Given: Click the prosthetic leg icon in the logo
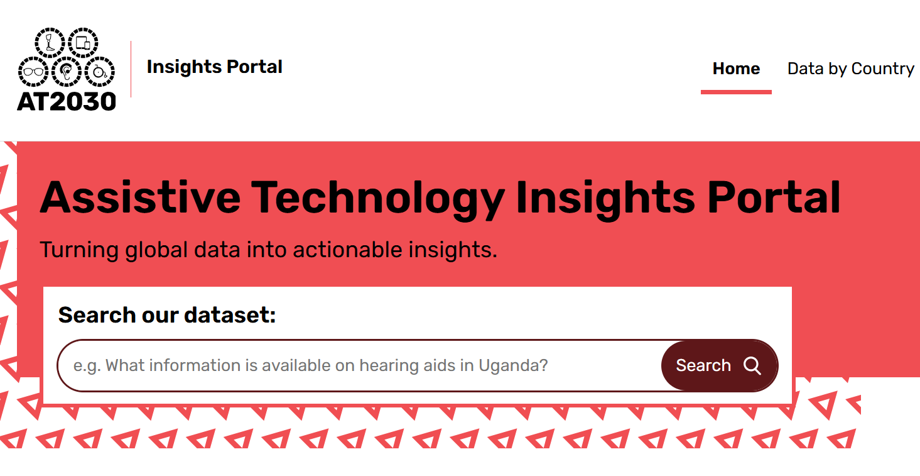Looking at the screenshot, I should coord(50,43).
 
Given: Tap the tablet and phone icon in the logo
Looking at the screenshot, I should coord(82,43).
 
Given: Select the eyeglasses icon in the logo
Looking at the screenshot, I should coord(33,72).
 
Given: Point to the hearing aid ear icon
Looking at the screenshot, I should coord(66,72).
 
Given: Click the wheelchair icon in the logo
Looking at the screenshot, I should coord(99,72).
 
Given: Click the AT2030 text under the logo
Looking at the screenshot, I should coord(67,101).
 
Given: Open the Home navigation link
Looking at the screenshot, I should coord(736,69).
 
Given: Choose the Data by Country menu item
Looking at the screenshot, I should coord(850,69).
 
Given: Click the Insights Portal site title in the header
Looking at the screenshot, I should coord(214,67).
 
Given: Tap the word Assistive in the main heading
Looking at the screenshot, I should coord(140,197).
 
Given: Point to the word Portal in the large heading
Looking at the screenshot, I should coord(774,197).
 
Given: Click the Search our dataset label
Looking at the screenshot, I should coord(167,315).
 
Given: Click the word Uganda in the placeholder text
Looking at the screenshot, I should coord(512,365).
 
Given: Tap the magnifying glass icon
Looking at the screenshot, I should coord(752,365).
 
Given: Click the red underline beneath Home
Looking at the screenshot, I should coord(736,92).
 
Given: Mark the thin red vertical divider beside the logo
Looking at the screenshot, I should coord(131,69).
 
